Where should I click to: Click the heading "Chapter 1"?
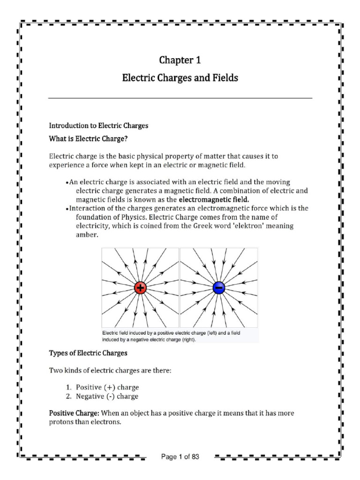click(x=180, y=60)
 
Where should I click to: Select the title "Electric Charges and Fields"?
click(x=180, y=78)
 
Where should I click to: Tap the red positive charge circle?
click(x=140, y=287)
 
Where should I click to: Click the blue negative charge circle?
click(x=219, y=287)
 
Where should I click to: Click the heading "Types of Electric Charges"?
click(x=89, y=352)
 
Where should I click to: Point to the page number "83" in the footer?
click(x=195, y=457)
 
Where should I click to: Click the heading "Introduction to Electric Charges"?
click(x=98, y=126)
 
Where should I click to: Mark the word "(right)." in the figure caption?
click(x=187, y=340)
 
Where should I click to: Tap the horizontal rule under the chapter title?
click(x=180, y=98)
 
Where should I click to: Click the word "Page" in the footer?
click(x=169, y=457)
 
